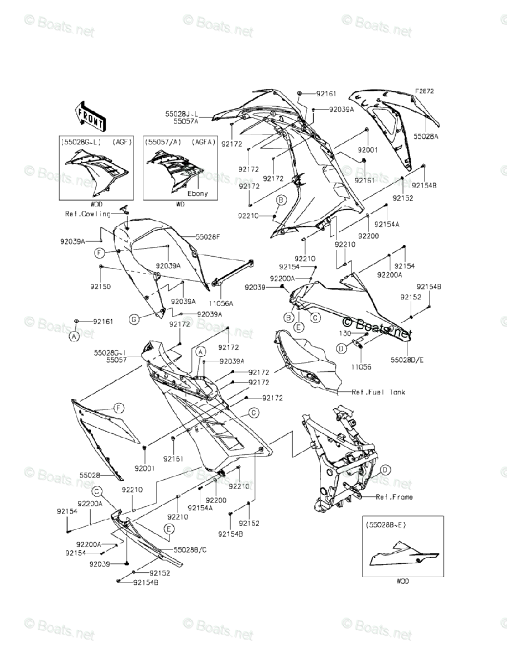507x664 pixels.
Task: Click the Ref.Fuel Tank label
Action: tap(379, 392)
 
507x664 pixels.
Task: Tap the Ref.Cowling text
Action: tap(87, 214)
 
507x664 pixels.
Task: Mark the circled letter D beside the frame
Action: tap(385, 470)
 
